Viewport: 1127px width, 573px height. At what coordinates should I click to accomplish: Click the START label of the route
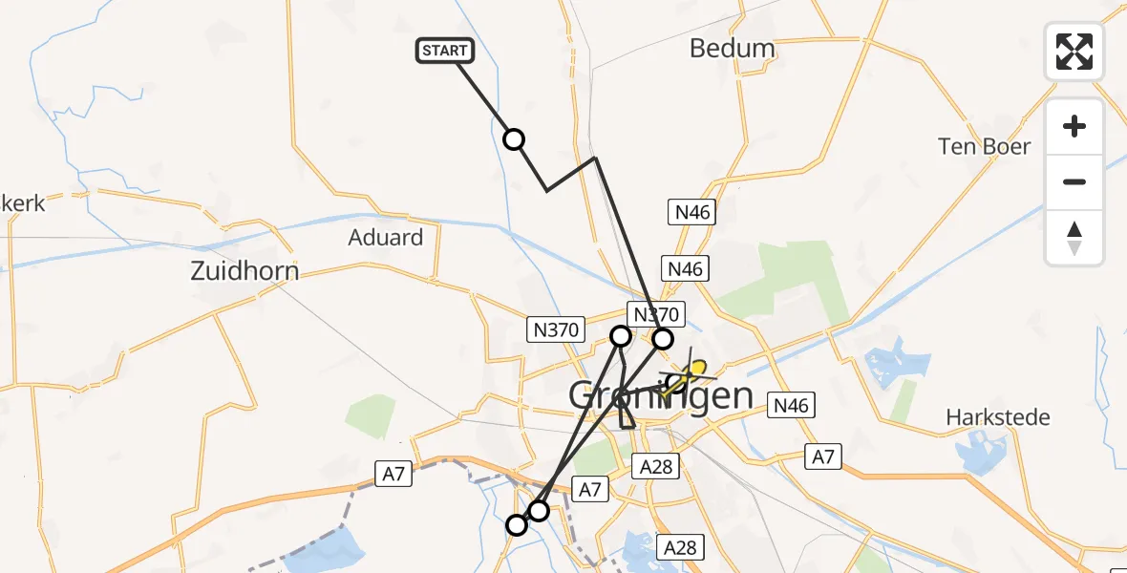click(444, 51)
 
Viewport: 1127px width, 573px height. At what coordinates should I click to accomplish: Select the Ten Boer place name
click(984, 147)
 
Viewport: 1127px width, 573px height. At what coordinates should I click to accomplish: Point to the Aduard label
click(387, 237)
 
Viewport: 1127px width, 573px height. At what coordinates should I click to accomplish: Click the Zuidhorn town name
click(245, 271)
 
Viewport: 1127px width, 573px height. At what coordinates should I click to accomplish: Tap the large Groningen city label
click(661, 394)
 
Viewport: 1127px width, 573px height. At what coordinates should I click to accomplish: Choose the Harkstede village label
click(997, 417)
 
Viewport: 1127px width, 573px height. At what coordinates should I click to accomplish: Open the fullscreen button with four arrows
click(1074, 52)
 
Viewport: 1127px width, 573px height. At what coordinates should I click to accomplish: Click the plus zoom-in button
click(1074, 127)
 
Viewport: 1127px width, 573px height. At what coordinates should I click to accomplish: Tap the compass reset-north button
click(1074, 238)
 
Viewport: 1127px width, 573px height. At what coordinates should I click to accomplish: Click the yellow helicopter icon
click(693, 372)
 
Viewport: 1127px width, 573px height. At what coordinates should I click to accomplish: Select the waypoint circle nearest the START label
click(514, 140)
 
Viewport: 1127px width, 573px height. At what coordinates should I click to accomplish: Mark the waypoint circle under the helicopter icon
click(674, 384)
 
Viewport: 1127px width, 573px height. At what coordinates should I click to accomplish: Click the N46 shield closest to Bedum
click(691, 212)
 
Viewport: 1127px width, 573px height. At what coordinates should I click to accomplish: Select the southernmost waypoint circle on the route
click(517, 524)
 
